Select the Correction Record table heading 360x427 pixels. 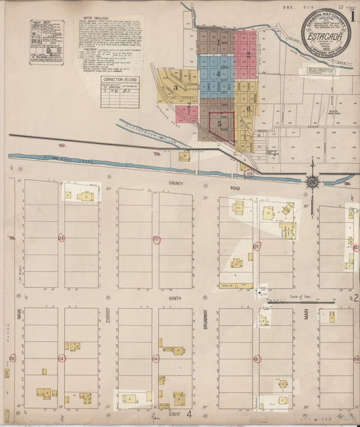(119, 80)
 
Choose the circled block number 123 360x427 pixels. (156, 239)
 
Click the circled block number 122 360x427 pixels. (256, 246)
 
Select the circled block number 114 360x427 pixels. (156, 359)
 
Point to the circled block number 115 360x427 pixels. (256, 359)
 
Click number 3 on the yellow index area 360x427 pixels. (176, 87)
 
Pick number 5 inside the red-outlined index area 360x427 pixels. (219, 124)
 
